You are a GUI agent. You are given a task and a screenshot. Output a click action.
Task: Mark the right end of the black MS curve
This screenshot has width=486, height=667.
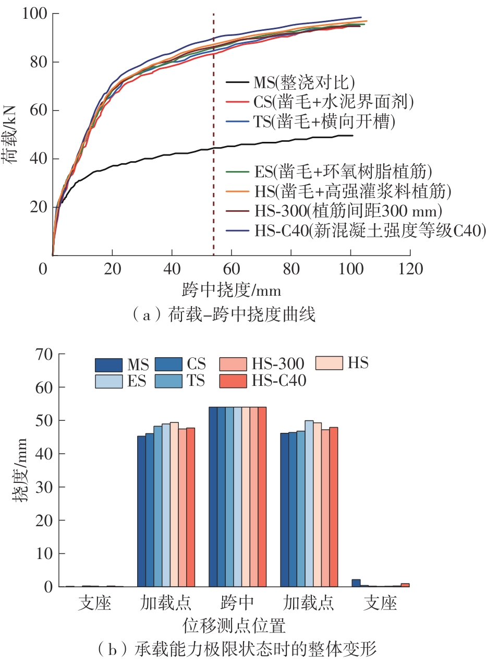click(353, 136)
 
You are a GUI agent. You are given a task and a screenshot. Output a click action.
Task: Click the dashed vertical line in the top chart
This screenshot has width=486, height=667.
click(213, 156)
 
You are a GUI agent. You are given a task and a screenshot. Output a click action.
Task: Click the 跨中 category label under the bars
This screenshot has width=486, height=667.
click(237, 604)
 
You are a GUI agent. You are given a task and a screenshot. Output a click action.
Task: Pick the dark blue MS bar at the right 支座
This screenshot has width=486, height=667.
click(356, 583)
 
